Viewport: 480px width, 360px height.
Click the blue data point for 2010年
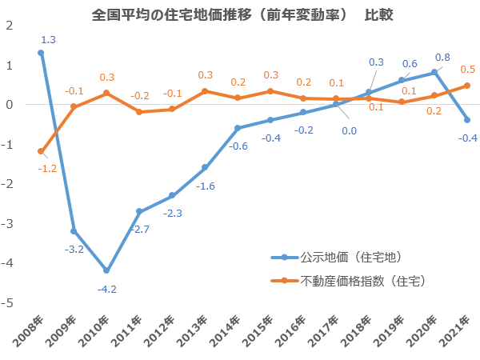pyautogui.click(x=106, y=270)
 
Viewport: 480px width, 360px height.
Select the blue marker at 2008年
pyautogui.click(x=41, y=53)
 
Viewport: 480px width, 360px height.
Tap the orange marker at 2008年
pyautogui.click(x=41, y=151)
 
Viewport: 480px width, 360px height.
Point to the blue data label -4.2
pyautogui.click(x=106, y=288)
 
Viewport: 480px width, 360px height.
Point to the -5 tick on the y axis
pyautogui.click(x=10, y=303)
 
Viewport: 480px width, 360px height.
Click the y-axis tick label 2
pyautogui.click(x=10, y=26)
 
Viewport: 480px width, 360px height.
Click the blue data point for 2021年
pyautogui.click(x=466, y=120)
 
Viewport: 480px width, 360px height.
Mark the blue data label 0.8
pyautogui.click(x=443, y=57)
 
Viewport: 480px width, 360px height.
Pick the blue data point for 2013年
pyautogui.click(x=205, y=167)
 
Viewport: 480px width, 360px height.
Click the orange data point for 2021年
pyautogui.click(x=466, y=86)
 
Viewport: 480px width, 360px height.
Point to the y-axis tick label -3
pyautogui.click(x=10, y=224)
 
